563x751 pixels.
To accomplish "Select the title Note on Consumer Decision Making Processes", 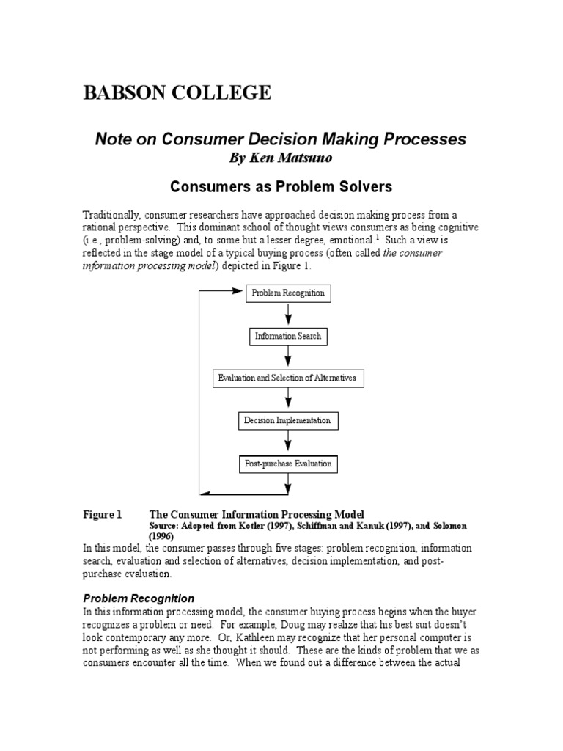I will point(281,139).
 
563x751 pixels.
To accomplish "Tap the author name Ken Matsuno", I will point(281,158).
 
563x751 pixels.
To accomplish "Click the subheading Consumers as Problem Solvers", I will point(281,187).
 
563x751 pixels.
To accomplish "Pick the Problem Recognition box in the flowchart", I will point(288,293).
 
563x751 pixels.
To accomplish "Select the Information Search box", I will point(287,337).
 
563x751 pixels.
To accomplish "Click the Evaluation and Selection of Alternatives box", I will point(287,378).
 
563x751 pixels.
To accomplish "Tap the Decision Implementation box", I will point(287,421).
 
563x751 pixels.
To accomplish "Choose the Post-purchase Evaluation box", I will point(287,464).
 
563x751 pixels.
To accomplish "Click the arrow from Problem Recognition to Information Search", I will point(288,315).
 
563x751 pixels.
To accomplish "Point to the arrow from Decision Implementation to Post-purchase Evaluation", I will point(288,442).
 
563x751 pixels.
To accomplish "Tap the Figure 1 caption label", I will point(102,515).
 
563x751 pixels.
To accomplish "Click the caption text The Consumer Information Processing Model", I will point(257,515).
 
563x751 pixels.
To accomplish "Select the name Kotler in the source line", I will point(242,527).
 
